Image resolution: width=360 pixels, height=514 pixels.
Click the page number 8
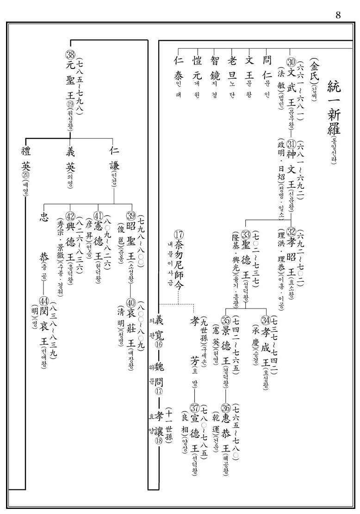338,15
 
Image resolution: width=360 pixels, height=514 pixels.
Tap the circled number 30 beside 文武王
291,63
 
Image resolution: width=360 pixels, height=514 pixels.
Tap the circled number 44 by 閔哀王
44,302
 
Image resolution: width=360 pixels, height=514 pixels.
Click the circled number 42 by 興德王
70,216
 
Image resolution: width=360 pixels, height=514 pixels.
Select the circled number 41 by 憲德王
98,216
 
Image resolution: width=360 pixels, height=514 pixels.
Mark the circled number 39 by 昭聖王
131,216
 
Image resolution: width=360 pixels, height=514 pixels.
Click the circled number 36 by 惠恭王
226,407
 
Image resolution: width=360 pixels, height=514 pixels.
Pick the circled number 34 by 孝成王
266,320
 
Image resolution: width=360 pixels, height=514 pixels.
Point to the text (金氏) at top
315,69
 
